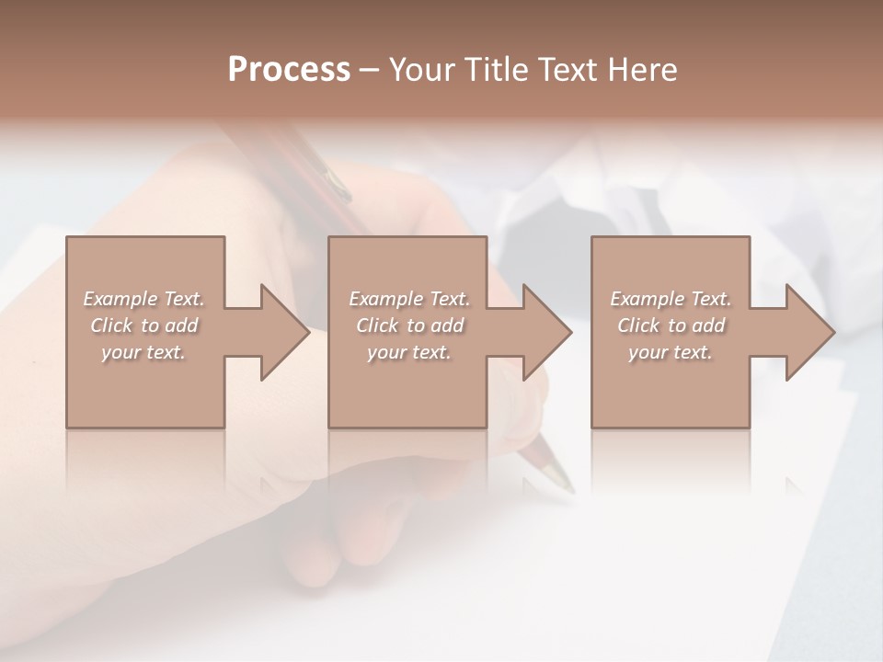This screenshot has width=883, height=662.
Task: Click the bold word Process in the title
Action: pyautogui.click(x=289, y=70)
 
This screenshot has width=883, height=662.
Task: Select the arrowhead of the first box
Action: pyautogui.click(x=281, y=332)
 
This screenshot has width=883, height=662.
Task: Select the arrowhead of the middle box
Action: pyautogui.click(x=544, y=332)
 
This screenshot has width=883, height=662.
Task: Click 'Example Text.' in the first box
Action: pyautogui.click(x=143, y=299)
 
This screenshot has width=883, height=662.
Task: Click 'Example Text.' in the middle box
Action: pyautogui.click(x=408, y=299)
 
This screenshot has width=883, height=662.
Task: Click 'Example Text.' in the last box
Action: pyautogui.click(x=671, y=299)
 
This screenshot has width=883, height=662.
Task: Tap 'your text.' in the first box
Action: pyautogui.click(x=143, y=352)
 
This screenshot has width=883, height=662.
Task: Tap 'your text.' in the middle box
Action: pyautogui.click(x=408, y=352)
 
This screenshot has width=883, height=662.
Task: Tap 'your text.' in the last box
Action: pyautogui.click(x=671, y=352)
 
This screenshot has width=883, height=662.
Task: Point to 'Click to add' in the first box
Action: pyautogui.click(x=143, y=325)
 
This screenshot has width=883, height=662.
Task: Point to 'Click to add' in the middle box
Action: pyautogui.click(x=408, y=325)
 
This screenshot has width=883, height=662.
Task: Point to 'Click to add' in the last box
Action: pyautogui.click(x=671, y=325)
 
